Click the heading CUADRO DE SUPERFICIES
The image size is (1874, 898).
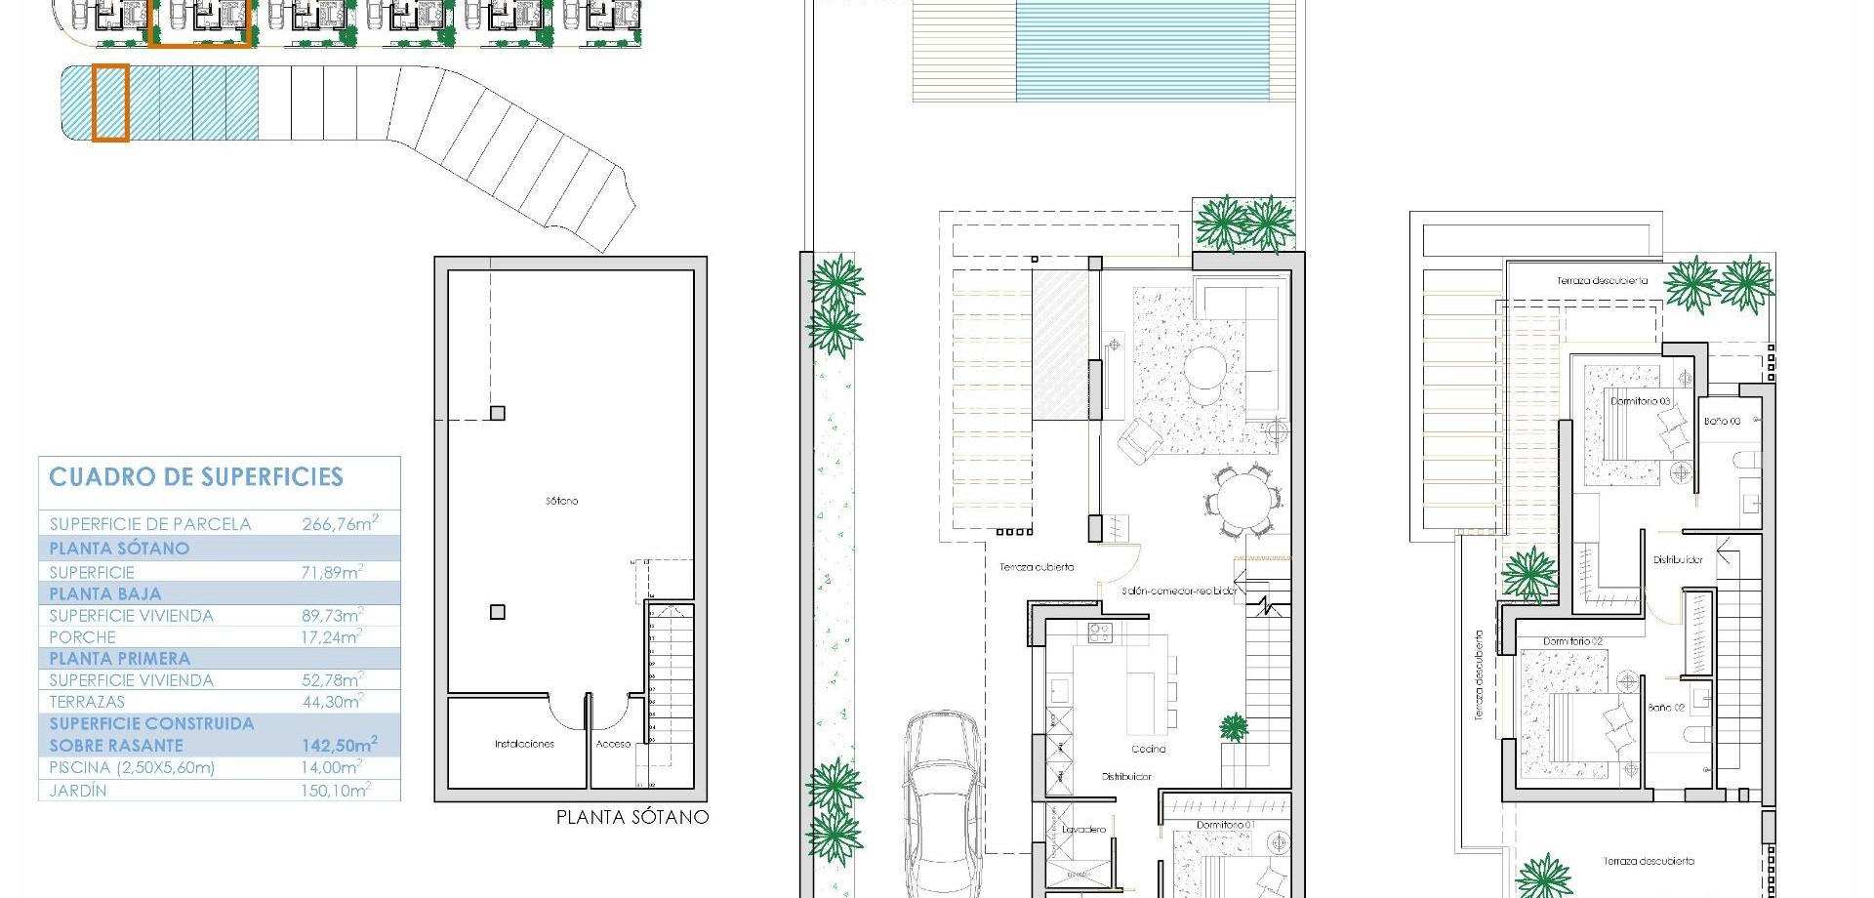[x=196, y=477]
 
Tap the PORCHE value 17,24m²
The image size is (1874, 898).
[x=331, y=637]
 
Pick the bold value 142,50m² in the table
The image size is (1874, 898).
[x=339, y=746]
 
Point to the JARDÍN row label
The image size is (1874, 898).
[x=78, y=791]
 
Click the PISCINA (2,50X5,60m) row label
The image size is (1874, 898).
[x=132, y=768]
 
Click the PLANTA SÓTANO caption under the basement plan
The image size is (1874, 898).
[x=632, y=817]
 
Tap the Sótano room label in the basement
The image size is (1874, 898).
[x=562, y=501]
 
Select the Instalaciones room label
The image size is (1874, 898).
[x=524, y=744]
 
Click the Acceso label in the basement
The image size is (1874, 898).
[x=613, y=744]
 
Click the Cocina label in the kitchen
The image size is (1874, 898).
[x=1149, y=749]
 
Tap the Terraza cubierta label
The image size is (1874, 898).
[x=1037, y=567]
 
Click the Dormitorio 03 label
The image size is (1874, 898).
[x=1640, y=401]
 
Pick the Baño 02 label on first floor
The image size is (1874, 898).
[x=1666, y=708]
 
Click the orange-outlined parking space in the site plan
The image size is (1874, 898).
[x=110, y=103]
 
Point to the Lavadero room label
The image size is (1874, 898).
[x=1083, y=830]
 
